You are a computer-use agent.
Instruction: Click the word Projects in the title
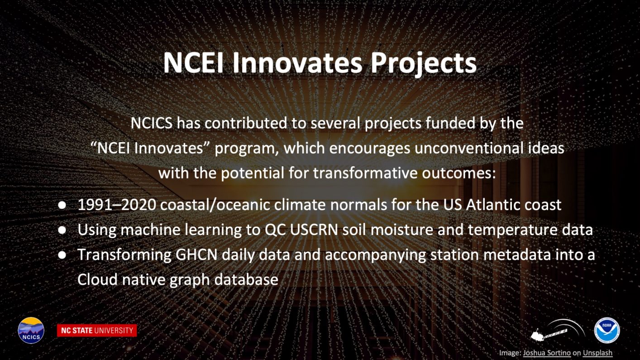pyautogui.click(x=424, y=63)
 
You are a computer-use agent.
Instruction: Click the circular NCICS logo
pyautogui.click(x=31, y=330)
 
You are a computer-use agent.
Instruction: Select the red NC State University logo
pyautogui.click(x=97, y=331)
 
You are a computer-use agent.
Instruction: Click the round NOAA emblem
pyautogui.click(x=607, y=330)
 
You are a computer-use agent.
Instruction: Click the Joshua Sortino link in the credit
pyautogui.click(x=547, y=353)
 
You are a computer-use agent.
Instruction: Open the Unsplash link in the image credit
pyautogui.click(x=597, y=353)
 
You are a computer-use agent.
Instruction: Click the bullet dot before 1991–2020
pyautogui.click(x=62, y=205)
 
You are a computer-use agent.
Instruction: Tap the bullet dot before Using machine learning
pyautogui.click(x=62, y=230)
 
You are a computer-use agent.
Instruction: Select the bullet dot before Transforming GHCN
pyautogui.click(x=62, y=255)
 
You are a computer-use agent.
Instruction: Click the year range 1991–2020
pyautogui.click(x=117, y=205)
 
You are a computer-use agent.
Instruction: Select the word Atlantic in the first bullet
pyautogui.click(x=493, y=205)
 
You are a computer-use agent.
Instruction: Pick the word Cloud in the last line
pyautogui.click(x=97, y=279)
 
